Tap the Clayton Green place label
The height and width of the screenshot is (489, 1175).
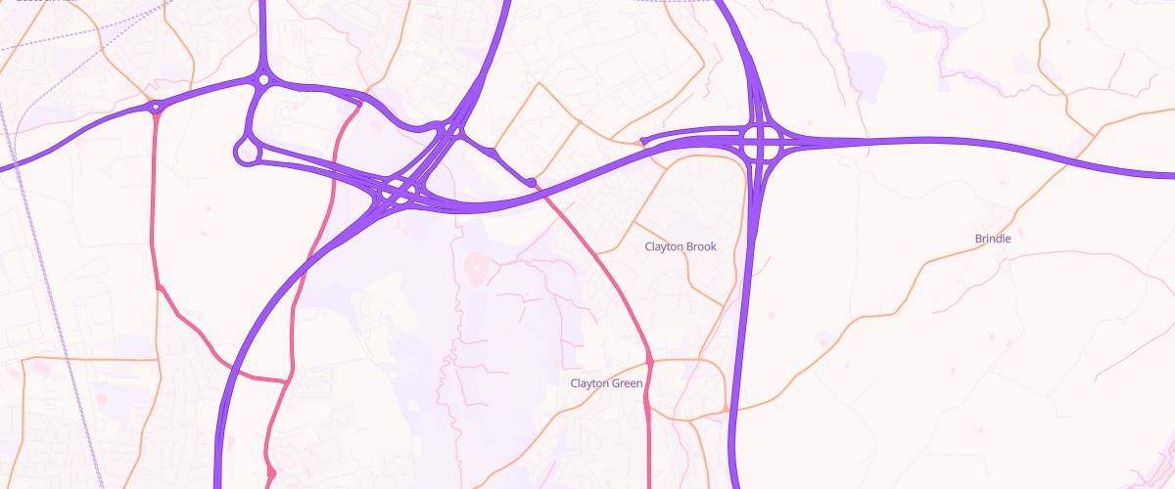pos(606,383)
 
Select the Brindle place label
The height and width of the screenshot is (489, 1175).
pos(992,239)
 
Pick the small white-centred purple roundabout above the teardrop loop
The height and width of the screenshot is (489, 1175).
pos(262,79)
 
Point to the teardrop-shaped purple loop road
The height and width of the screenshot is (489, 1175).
pos(245,151)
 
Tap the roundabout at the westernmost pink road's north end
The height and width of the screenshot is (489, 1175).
pos(155,109)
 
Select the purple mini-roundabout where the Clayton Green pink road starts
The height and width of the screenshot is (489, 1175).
pos(532,183)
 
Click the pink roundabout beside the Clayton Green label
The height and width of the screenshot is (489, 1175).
pos(649,363)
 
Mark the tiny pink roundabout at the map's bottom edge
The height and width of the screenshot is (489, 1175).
pos(271,474)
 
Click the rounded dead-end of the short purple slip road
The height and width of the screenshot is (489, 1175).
pos(642,141)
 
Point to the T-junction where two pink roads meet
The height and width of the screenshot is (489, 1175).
pos(287,380)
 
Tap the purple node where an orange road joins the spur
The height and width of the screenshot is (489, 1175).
pos(493,153)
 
